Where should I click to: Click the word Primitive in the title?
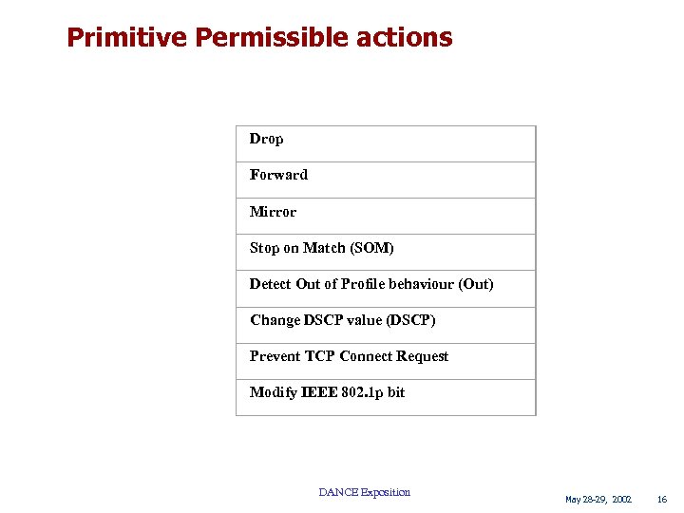[x=127, y=38]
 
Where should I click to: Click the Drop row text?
[x=266, y=139]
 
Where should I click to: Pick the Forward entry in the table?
[x=278, y=175]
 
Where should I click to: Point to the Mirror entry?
[x=273, y=212]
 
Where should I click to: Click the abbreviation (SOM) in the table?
[x=371, y=248]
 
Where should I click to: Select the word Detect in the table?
[x=270, y=284]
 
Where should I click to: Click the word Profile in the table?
[x=364, y=284]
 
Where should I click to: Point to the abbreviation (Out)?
[x=476, y=284]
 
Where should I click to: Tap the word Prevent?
[x=275, y=356]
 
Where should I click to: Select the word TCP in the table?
[x=320, y=356]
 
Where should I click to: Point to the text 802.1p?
[x=362, y=392]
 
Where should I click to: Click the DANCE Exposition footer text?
[x=365, y=492]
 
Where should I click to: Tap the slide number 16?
[x=662, y=499]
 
